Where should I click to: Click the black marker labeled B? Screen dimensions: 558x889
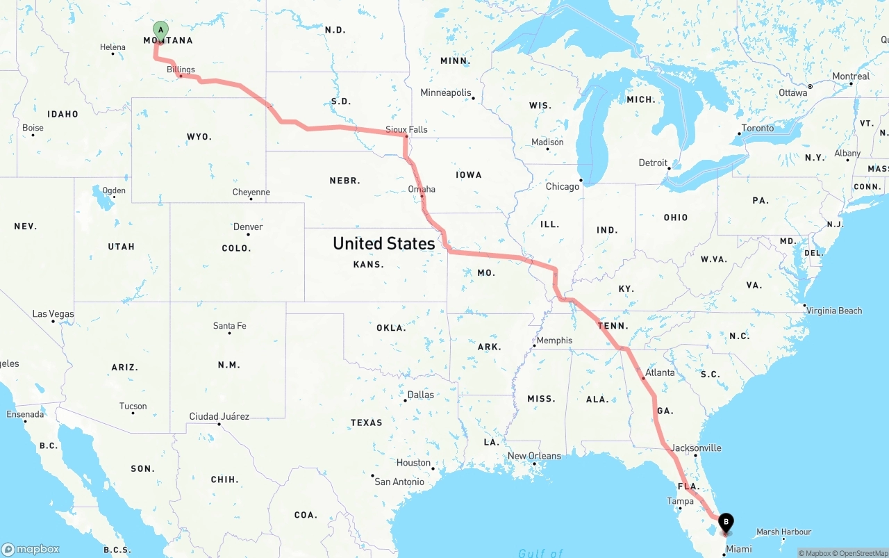[726, 523]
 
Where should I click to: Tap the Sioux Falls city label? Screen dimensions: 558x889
[406, 129]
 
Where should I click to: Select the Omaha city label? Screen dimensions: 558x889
[422, 189]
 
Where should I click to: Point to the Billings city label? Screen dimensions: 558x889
[181, 69]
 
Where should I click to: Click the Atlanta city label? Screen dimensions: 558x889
[659, 372]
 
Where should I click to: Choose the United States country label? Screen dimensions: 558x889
[383, 243]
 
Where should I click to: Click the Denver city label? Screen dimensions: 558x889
[248, 227]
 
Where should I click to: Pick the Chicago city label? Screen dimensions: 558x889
[562, 186]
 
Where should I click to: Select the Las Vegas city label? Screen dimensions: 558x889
[53, 314]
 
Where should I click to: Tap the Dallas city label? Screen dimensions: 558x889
[420, 395]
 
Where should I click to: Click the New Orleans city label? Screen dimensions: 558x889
[534, 456]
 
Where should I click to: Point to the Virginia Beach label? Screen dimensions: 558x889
[834, 311]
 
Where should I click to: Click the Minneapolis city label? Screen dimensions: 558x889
[445, 92]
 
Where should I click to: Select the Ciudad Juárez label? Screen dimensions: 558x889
[219, 417]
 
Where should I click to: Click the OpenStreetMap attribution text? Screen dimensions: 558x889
[861, 553]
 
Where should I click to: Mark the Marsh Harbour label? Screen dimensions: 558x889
[783, 532]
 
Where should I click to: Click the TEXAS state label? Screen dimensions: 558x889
[366, 422]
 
